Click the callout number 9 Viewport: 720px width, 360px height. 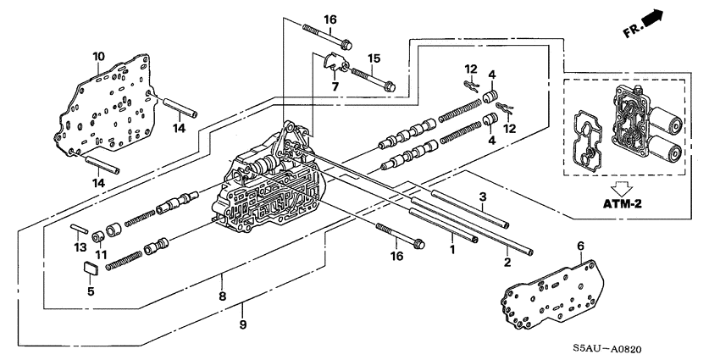click(x=242, y=324)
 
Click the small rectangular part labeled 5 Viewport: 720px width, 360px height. click(x=91, y=269)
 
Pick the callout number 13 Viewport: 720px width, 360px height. click(x=79, y=246)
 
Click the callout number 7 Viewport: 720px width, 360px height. click(x=335, y=86)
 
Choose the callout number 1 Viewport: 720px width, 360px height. click(x=453, y=251)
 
